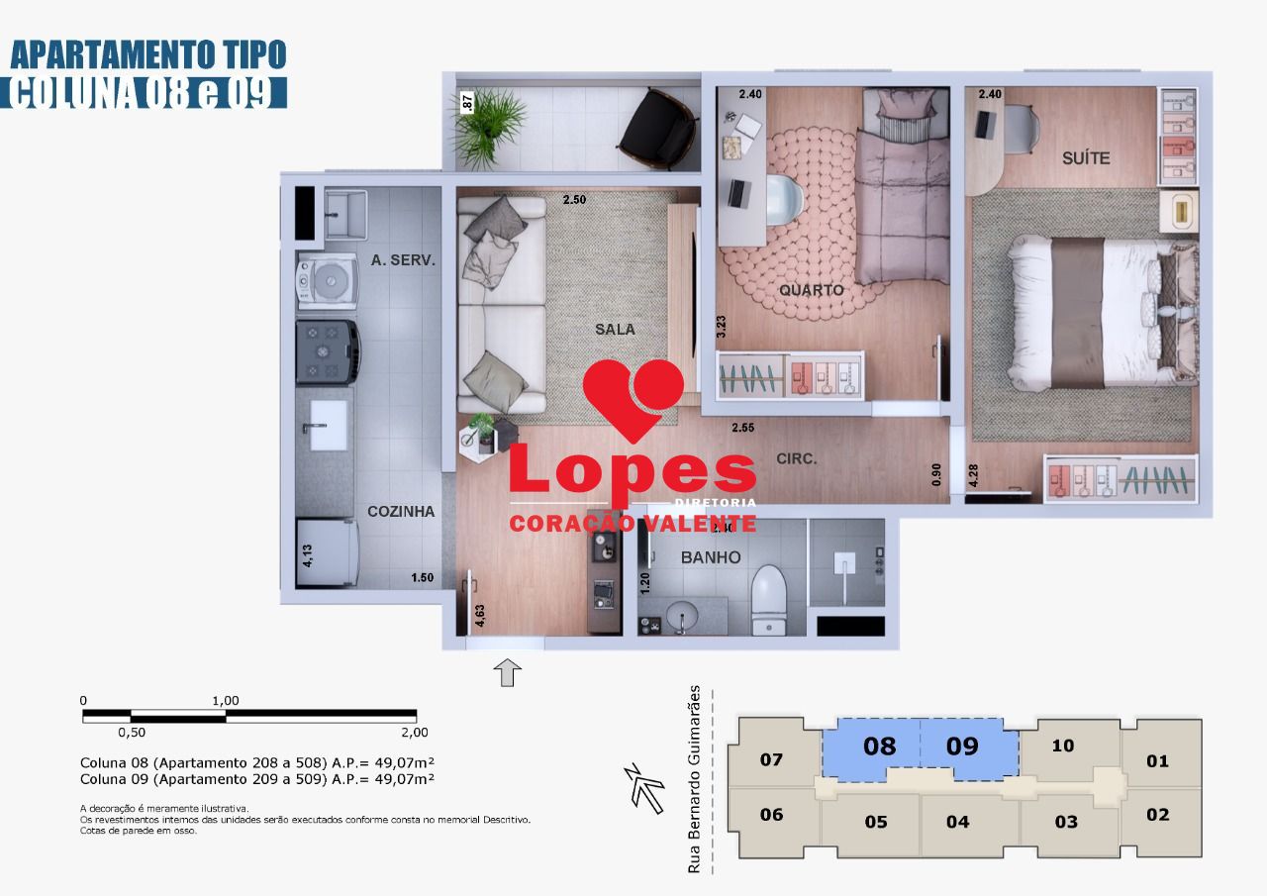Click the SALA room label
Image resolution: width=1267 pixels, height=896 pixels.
615,329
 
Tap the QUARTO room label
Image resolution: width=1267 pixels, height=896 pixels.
811,290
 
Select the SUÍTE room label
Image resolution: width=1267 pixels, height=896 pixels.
1086,157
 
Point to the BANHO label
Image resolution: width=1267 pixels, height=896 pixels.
710,557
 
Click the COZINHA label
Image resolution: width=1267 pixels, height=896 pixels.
401,511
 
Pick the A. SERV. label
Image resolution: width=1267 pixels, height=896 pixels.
403,259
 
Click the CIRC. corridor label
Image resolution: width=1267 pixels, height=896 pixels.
797,458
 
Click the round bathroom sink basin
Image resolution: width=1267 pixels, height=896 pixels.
682,618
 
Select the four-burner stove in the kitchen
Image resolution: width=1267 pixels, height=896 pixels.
327,351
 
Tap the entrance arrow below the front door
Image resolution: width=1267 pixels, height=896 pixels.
507,673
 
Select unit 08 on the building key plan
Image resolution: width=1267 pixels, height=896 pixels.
879,746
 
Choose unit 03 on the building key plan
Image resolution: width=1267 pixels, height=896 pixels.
1066,822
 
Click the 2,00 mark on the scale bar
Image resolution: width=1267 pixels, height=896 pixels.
415,733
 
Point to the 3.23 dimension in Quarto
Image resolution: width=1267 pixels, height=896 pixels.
721,327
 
